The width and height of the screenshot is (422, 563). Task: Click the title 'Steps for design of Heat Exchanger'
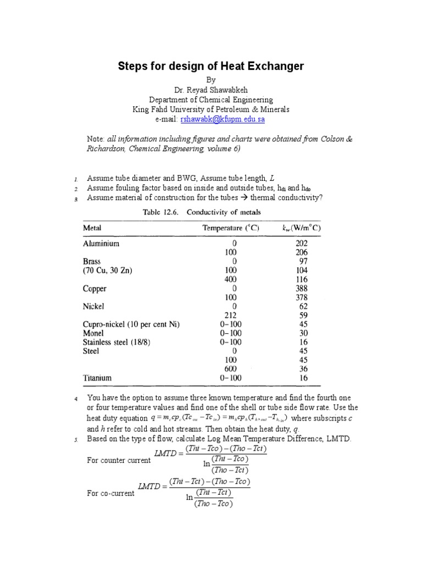pos(211,67)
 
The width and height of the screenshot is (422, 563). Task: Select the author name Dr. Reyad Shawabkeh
pos(211,90)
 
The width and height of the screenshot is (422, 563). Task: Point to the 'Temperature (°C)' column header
pos(230,228)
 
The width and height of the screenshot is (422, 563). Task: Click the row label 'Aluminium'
pos(101,244)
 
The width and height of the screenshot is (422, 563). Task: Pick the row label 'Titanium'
pos(97,378)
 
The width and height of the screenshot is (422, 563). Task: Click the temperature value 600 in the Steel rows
pos(230,369)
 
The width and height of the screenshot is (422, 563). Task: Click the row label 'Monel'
pos(93,333)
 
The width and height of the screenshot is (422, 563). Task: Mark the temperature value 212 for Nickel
pos(230,315)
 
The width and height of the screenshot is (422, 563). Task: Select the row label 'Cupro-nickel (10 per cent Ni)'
pos(131,324)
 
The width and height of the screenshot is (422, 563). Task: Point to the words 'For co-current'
pos(110,493)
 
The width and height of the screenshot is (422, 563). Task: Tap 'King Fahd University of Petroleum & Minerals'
pos(211,109)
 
